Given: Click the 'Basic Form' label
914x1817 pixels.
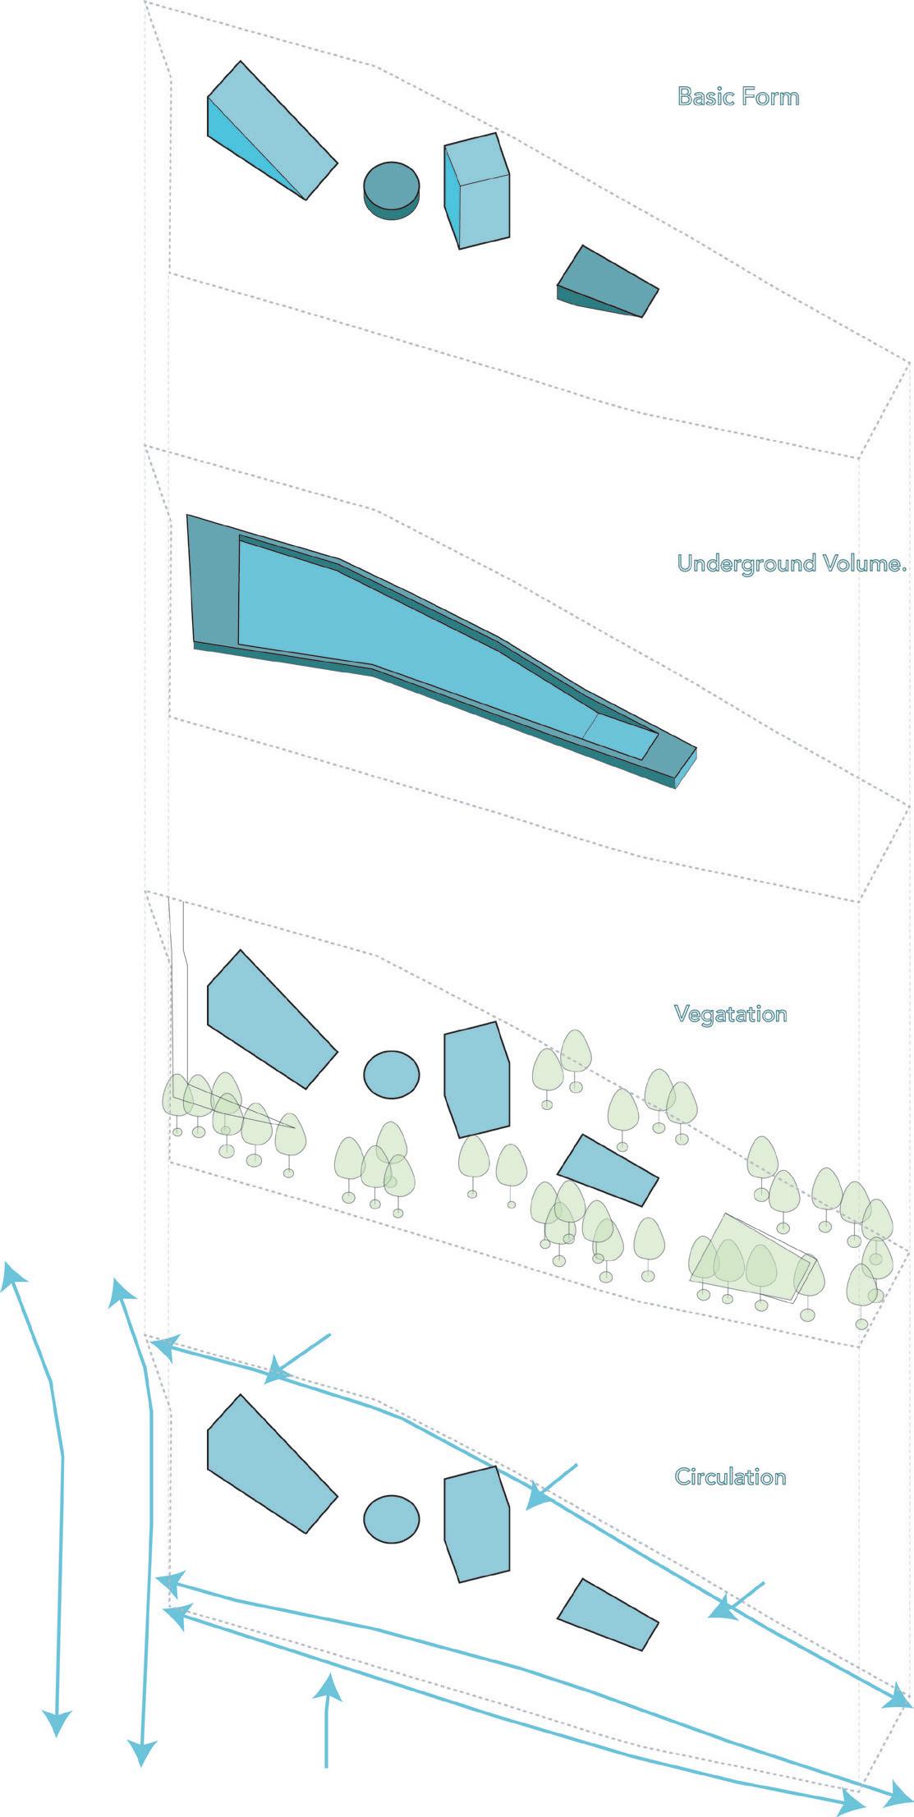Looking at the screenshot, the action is point(737,97).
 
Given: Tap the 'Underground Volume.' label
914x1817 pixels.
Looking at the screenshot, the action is point(791,563).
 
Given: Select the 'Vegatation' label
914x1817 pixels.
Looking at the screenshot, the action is point(730,1014).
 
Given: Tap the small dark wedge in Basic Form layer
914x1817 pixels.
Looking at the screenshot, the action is point(608,282).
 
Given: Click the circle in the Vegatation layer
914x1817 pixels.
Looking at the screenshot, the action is point(392,1074).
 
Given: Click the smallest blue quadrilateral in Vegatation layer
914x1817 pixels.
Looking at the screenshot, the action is point(608,1169).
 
